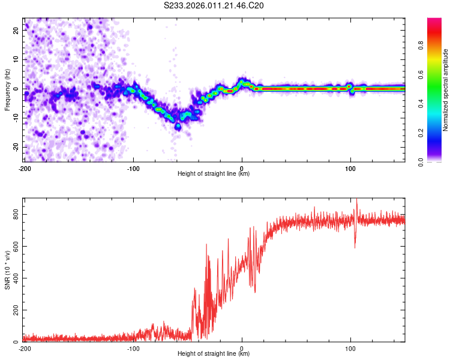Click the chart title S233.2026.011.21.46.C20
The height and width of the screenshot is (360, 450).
coord(214,6)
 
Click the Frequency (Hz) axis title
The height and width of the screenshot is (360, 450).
coord(8,89)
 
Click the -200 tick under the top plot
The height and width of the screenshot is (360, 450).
coord(25,168)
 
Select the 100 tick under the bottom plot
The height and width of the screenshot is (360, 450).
coord(350,348)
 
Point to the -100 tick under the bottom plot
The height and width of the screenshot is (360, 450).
coord(133,348)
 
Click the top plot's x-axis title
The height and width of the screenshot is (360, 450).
coord(214,173)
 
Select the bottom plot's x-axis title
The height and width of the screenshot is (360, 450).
coord(214,353)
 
